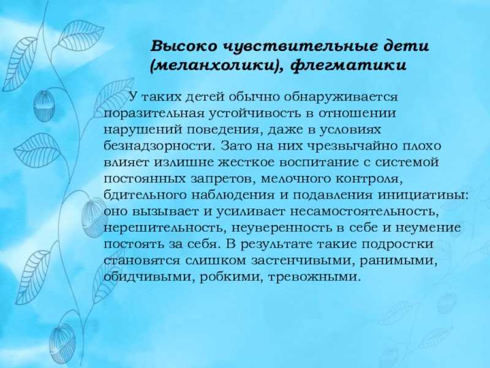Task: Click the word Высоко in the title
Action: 183,47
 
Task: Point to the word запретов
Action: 226,179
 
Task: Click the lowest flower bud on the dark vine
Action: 62,340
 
